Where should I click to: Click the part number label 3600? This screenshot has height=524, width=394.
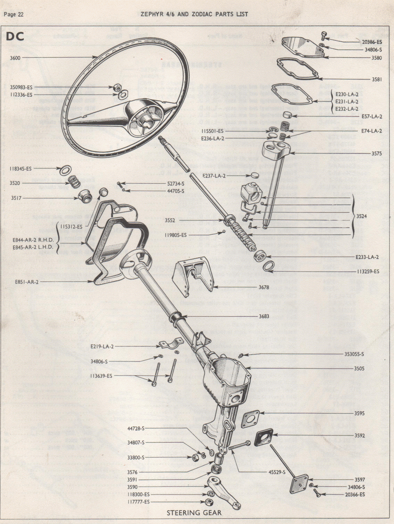tap(15, 58)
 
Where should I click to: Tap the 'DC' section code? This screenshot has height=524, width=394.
tap(15, 36)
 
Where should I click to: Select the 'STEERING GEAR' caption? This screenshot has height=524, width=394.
tap(194, 513)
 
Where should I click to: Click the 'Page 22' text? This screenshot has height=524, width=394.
tap(14, 14)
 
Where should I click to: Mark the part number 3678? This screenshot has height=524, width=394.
tap(264, 287)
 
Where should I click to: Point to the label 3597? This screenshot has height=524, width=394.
tap(359, 480)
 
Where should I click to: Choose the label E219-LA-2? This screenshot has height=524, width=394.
tap(102, 346)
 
